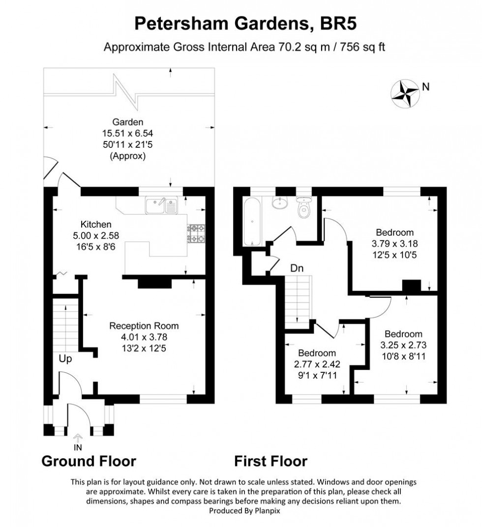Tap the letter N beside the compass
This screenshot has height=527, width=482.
click(x=426, y=87)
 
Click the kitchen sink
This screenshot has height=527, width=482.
click(x=162, y=206)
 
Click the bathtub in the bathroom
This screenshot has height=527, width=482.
click(x=251, y=221)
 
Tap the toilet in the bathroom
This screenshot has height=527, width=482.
click(x=304, y=209)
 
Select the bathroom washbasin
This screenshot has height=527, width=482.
click(x=280, y=202)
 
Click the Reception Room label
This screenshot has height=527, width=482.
click(x=144, y=326)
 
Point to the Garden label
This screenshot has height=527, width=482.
click(x=128, y=122)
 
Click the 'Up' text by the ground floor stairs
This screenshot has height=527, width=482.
click(x=65, y=359)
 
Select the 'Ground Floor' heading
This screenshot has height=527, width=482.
click(x=89, y=461)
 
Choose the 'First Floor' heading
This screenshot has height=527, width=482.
click(x=271, y=461)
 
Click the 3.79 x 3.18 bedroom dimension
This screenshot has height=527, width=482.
click(x=394, y=243)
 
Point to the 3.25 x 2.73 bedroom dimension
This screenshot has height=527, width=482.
click(x=403, y=345)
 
